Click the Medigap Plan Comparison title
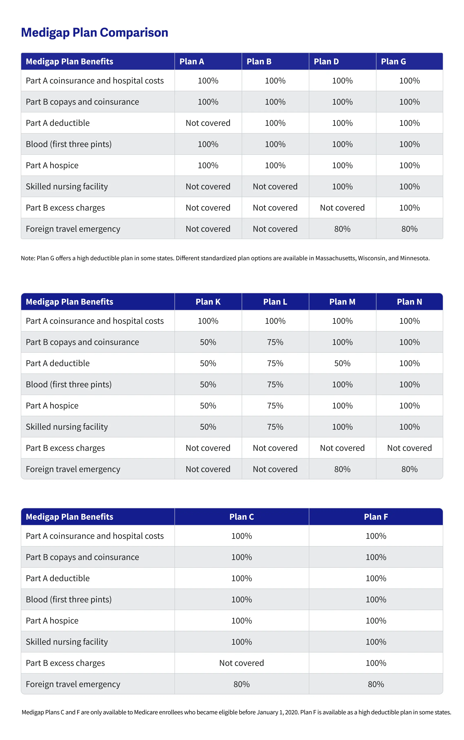(95, 33)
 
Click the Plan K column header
(208, 302)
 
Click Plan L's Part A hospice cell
(275, 406)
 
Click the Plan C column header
(242, 517)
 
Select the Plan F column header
(376, 517)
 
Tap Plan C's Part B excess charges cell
(242, 663)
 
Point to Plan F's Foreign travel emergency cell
(376, 684)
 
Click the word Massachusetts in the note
(336, 258)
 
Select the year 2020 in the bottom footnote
(292, 712)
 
